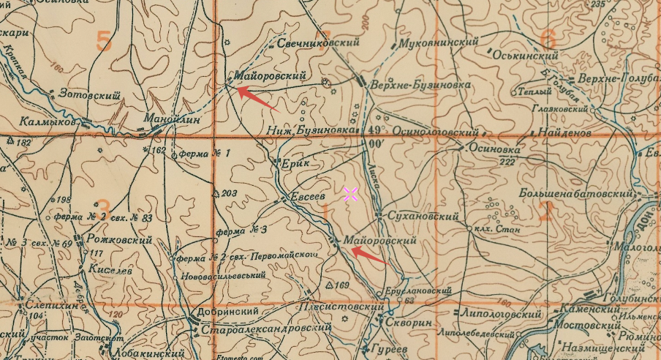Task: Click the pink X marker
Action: [x=350, y=194]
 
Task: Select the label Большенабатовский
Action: [x=575, y=194]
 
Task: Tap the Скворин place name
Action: [x=407, y=323]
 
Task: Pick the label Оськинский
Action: [x=525, y=55]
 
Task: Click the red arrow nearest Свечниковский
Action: [x=257, y=99]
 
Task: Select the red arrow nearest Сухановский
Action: [x=369, y=255]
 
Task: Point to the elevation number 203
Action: [x=230, y=193]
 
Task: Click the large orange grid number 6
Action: [x=547, y=38]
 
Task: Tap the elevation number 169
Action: [x=342, y=285]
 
